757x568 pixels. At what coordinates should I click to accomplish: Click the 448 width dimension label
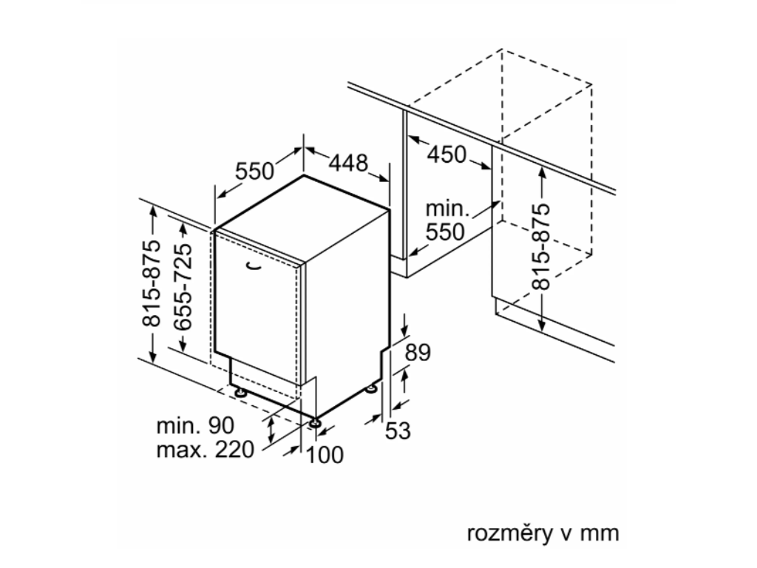coord(347,163)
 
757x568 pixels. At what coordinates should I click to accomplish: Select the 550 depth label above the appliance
coord(255,171)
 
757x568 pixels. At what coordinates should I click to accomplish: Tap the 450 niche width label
coord(447,155)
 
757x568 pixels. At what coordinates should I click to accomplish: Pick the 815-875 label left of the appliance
coord(152,283)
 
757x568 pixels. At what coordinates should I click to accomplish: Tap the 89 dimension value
coord(417,353)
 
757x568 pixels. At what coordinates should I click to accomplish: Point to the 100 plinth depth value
coord(325,456)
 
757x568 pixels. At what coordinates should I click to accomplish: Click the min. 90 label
coord(195,425)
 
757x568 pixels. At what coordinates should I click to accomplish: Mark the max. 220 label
coord(205,449)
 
